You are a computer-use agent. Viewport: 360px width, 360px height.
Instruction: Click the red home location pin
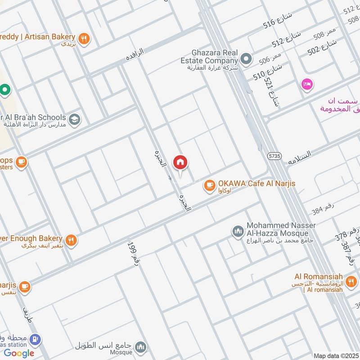tap(180, 162)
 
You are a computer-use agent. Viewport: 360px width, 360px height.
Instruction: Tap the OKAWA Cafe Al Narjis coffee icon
tap(209, 184)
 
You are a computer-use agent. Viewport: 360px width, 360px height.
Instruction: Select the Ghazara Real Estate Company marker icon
tap(246, 58)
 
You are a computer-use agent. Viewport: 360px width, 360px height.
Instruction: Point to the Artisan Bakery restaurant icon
tap(84, 39)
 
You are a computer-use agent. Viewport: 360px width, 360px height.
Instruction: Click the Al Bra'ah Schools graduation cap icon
tap(75, 119)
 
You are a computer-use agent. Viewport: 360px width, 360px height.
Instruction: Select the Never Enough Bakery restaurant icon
tap(71, 240)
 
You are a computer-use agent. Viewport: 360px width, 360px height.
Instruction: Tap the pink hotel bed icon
tap(308, 84)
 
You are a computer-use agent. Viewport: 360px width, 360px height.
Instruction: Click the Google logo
tap(19, 353)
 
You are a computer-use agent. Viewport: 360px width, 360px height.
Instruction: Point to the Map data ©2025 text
tap(336, 355)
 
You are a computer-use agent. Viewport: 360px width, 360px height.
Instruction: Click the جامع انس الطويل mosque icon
tap(141, 347)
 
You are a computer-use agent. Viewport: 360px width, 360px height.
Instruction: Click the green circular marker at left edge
tap(5, 90)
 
